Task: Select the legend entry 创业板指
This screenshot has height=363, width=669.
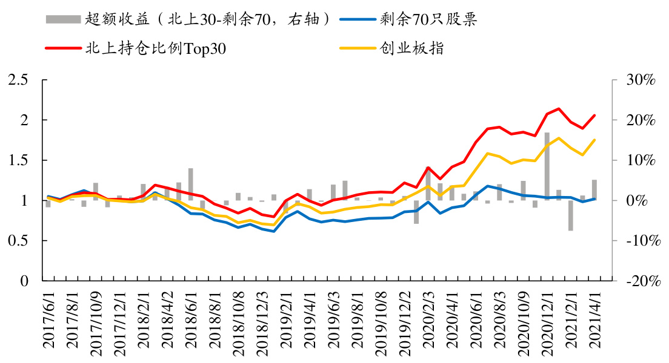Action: click(412, 48)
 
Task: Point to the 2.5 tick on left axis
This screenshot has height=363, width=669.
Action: click(19, 80)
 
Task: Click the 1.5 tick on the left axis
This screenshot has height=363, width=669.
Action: click(19, 160)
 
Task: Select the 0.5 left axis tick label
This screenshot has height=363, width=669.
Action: click(19, 241)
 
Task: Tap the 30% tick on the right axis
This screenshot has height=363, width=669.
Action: click(641, 80)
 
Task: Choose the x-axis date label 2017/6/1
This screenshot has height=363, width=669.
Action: click(48, 321)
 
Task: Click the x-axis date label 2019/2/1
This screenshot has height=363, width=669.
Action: click(285, 321)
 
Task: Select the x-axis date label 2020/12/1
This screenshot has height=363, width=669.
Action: click(547, 321)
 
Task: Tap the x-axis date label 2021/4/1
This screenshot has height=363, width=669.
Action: click(594, 321)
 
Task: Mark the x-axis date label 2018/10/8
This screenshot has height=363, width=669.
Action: click(238, 321)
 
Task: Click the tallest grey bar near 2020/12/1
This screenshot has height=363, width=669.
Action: click(547, 166)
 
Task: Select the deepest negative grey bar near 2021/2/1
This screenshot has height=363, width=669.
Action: click(570, 215)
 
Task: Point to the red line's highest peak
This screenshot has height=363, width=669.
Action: click(558, 109)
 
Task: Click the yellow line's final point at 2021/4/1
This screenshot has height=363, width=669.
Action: click(594, 140)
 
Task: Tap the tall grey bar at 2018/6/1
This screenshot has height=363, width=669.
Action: click(190, 184)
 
